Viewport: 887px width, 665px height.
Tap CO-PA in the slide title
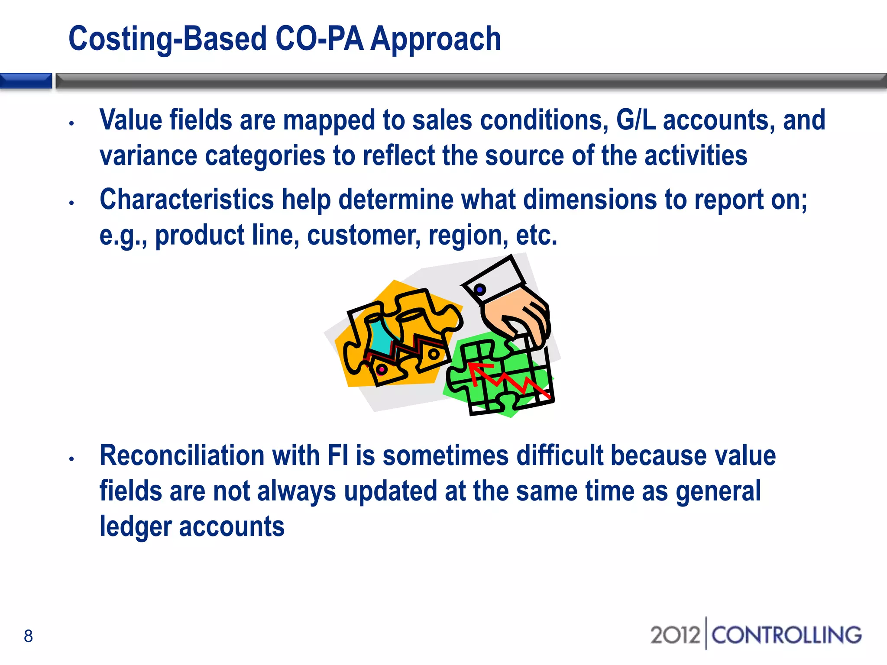319,39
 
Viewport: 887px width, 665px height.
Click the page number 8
28,636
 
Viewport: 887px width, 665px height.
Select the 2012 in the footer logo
675,635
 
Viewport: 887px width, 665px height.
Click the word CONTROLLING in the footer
787,635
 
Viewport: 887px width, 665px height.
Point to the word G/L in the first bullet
636,120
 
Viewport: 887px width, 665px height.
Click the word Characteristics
187,200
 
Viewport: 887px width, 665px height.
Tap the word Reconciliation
182,456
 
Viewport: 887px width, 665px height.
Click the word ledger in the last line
136,527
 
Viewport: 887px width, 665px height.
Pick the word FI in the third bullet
338,456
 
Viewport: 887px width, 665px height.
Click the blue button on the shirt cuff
480,289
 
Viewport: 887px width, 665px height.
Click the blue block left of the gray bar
26,81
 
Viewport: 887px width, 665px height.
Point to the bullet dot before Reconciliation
72,459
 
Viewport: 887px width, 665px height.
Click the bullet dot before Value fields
72,123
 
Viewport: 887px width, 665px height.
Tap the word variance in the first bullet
148,156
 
